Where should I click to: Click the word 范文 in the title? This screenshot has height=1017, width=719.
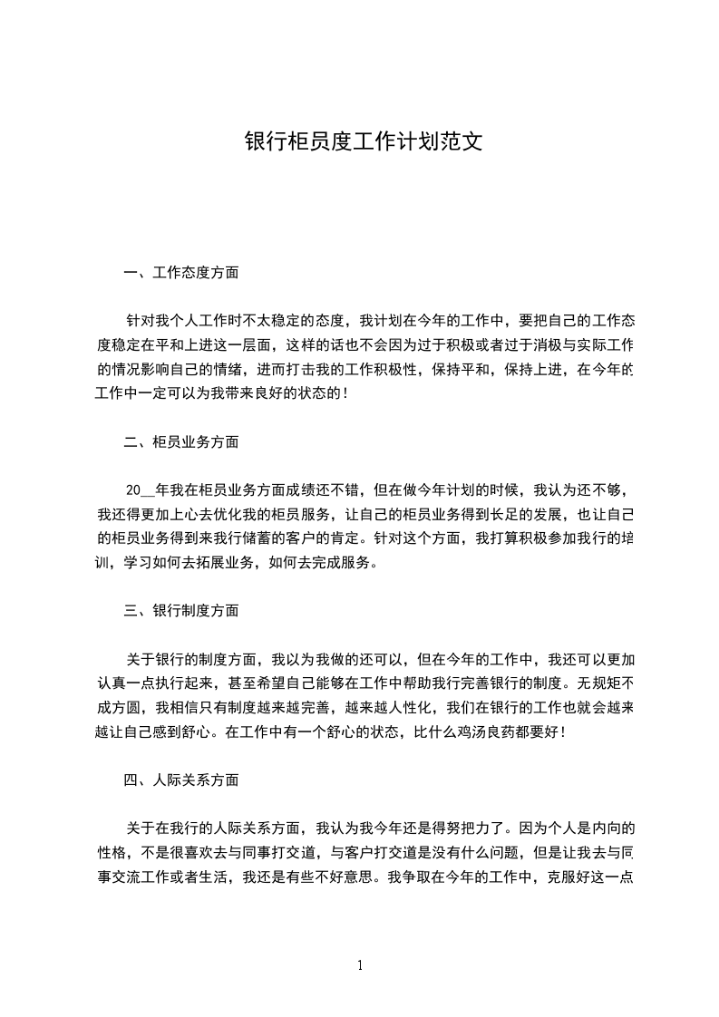pyautogui.click(x=458, y=142)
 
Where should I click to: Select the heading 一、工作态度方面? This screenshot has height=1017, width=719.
pyautogui.click(x=181, y=272)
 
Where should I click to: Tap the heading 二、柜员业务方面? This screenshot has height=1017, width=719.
pyautogui.click(x=181, y=441)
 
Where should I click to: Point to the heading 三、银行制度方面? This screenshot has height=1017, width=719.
pyautogui.click(x=181, y=611)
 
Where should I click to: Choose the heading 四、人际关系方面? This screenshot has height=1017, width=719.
pyautogui.click(x=181, y=780)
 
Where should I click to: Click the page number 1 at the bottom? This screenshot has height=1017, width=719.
pyautogui.click(x=360, y=965)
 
